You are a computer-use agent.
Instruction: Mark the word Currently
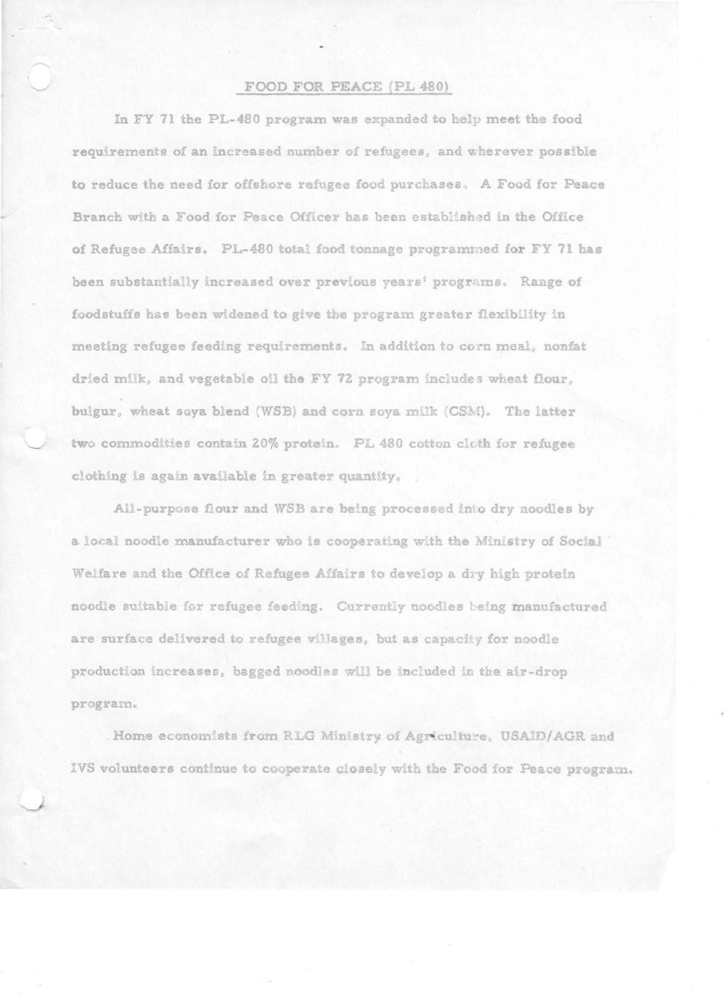[370, 607]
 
